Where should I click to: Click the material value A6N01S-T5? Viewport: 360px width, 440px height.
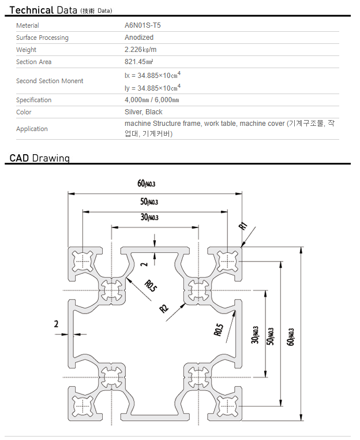pyautogui.click(x=142, y=25)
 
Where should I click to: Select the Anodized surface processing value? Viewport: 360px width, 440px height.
pyautogui.click(x=139, y=38)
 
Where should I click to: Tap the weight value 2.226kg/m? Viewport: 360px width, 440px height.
pyautogui.click(x=141, y=50)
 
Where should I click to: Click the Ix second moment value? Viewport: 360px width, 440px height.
pyautogui.click(x=152, y=75)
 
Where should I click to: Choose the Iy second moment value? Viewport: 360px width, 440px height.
pyautogui.click(x=152, y=88)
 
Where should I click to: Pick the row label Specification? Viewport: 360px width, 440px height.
pyautogui.click(x=34, y=100)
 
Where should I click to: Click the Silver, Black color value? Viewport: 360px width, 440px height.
pyautogui.click(x=144, y=112)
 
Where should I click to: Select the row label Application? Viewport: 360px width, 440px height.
pyautogui.click(x=32, y=129)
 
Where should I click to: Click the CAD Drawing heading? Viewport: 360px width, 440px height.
pyautogui.click(x=40, y=158)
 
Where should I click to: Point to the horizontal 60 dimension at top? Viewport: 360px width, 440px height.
pyautogui.click(x=147, y=184)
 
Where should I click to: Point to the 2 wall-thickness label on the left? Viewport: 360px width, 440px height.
pyautogui.click(x=57, y=324)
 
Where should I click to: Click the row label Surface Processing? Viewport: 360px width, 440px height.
pyautogui.click(x=42, y=38)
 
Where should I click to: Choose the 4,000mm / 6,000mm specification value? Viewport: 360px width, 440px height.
pyautogui.click(x=152, y=100)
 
